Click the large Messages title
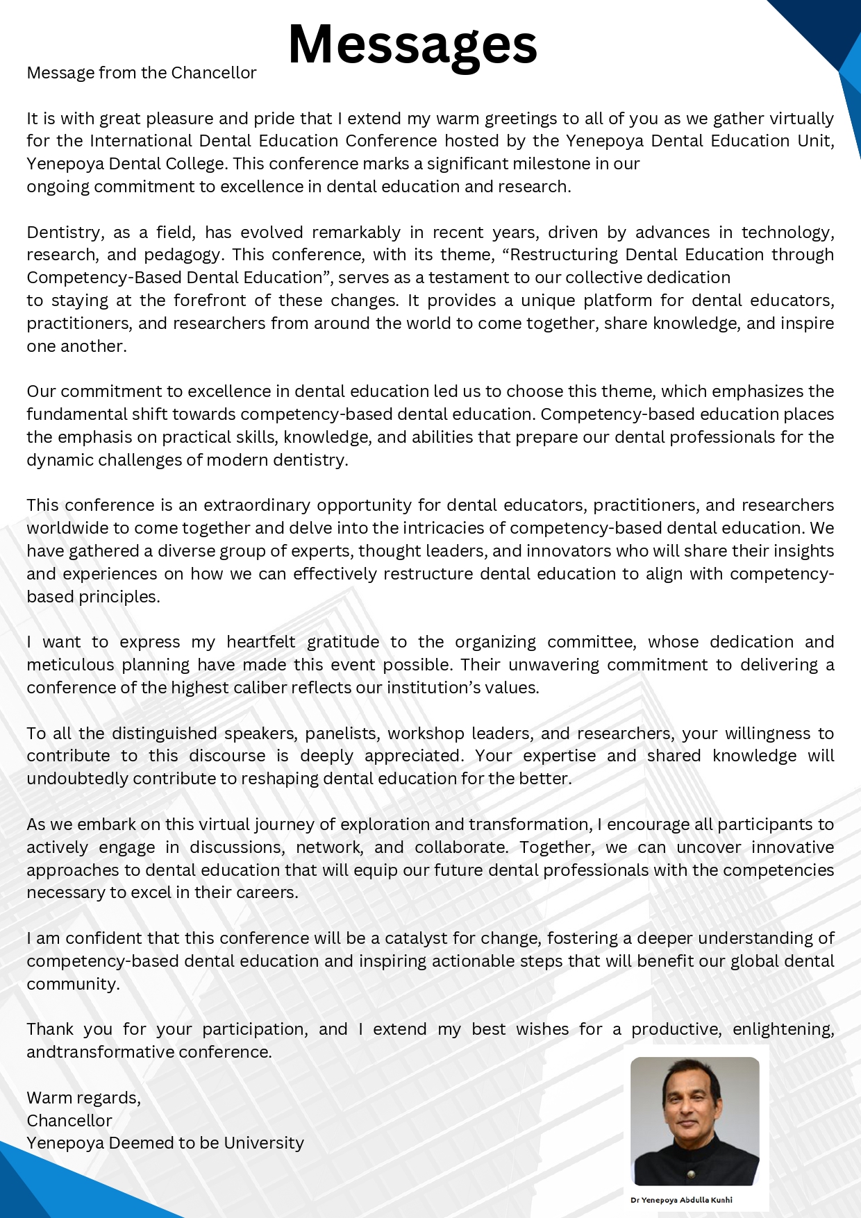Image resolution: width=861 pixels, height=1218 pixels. click(412, 44)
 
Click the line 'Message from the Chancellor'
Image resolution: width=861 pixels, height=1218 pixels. click(142, 73)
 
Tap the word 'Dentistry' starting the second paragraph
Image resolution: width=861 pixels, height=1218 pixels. click(62, 232)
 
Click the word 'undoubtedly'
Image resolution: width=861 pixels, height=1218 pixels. click(77, 779)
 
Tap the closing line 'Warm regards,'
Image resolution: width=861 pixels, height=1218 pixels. click(83, 1098)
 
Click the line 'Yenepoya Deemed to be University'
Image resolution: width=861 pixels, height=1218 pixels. click(165, 1143)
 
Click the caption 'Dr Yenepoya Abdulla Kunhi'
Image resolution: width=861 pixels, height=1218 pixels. click(681, 1200)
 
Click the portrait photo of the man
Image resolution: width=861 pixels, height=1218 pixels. click(694, 1121)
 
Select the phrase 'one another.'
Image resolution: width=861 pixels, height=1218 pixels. click(76, 346)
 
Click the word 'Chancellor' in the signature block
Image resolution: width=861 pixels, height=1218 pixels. click(69, 1121)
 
